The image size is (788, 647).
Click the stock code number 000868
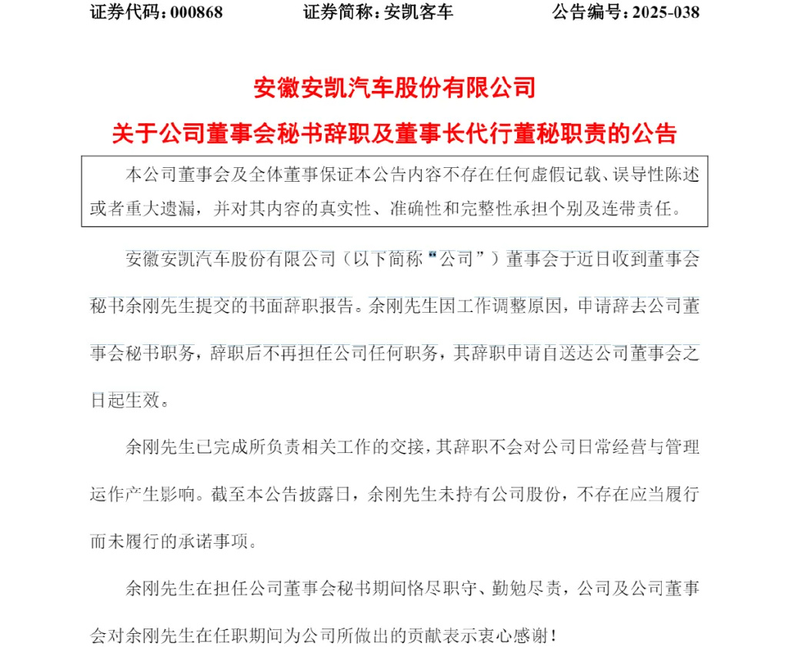coord(192,13)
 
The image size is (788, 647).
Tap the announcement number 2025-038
coord(665,13)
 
